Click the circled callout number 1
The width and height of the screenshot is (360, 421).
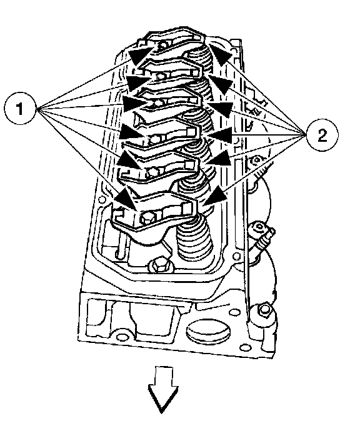pyautogui.click(x=20, y=108)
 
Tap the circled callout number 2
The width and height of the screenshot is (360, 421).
pyautogui.click(x=322, y=134)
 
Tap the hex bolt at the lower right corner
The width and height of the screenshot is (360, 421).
pyautogui.click(x=263, y=310)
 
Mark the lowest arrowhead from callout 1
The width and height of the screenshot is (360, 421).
pyautogui.click(x=126, y=199)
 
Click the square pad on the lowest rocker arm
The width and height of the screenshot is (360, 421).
pyautogui.click(x=187, y=208)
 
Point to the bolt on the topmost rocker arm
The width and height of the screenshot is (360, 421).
pyautogui.click(x=162, y=46)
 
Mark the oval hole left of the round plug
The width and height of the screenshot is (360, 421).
pyautogui.click(x=119, y=336)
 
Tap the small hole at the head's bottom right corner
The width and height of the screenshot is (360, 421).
pyautogui.click(x=243, y=347)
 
